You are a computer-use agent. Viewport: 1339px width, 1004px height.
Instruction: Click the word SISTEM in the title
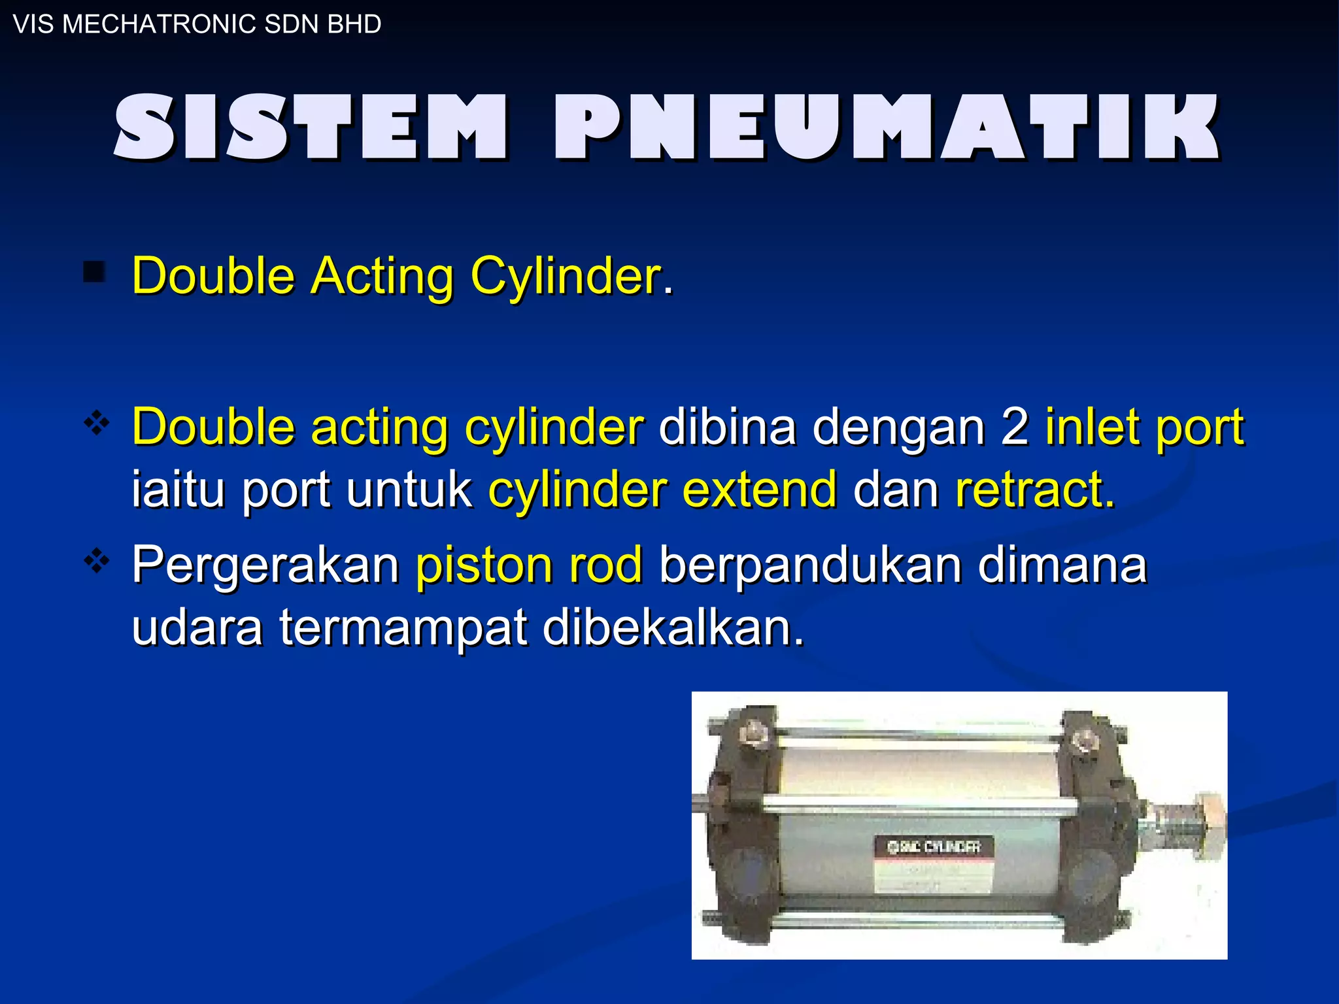click(x=311, y=127)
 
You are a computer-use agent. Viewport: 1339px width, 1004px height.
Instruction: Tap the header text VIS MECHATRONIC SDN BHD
click(x=197, y=25)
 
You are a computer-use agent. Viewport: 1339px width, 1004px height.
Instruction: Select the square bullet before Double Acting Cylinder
click(x=94, y=272)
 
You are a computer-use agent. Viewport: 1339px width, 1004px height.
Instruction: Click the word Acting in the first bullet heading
click(x=382, y=276)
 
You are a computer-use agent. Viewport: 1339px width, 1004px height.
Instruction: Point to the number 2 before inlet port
click(x=1014, y=427)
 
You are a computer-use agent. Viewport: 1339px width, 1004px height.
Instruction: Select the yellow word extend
click(x=759, y=489)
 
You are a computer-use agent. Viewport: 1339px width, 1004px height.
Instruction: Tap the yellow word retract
click(x=1034, y=489)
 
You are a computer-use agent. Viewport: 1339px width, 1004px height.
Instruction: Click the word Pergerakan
click(x=265, y=565)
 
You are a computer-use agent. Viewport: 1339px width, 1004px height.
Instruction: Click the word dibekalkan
click(x=673, y=627)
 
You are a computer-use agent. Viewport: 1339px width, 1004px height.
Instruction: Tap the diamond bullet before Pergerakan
click(x=96, y=561)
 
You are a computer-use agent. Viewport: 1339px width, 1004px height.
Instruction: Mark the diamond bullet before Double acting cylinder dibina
click(x=96, y=423)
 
